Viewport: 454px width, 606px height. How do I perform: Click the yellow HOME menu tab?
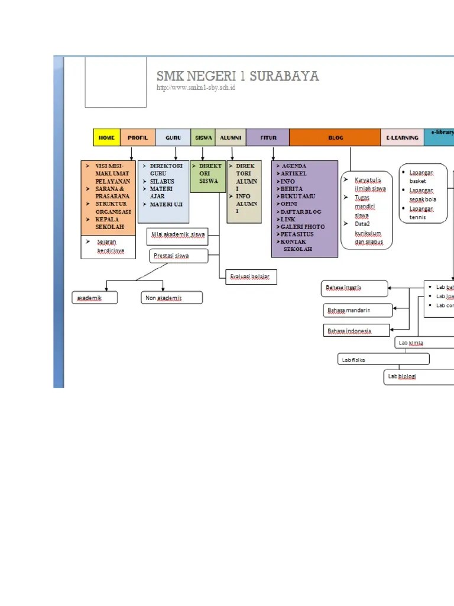[x=106, y=137]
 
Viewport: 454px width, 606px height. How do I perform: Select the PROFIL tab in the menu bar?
[x=138, y=137]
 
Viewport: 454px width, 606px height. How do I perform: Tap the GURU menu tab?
[x=173, y=137]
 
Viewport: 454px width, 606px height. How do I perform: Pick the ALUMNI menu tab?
[x=230, y=137]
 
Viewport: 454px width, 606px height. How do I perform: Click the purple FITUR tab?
[x=268, y=137]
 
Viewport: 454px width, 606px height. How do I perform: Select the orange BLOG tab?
[x=335, y=137]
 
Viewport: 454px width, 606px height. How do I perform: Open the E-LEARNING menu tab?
[x=402, y=137]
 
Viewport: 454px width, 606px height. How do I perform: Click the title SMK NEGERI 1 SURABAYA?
[x=237, y=76]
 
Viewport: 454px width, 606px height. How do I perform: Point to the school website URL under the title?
[x=196, y=88]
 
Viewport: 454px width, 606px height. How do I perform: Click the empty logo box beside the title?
[x=115, y=82]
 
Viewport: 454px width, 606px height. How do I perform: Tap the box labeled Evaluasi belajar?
[x=251, y=277]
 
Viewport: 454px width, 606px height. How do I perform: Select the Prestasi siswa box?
[x=179, y=256]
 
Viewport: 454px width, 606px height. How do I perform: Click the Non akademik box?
[x=171, y=298]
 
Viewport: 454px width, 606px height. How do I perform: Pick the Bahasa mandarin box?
[x=358, y=310]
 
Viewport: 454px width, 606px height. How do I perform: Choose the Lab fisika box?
[x=383, y=359]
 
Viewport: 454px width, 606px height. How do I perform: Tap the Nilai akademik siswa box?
[x=177, y=235]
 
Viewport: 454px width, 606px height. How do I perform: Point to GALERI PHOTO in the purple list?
[x=303, y=227]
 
